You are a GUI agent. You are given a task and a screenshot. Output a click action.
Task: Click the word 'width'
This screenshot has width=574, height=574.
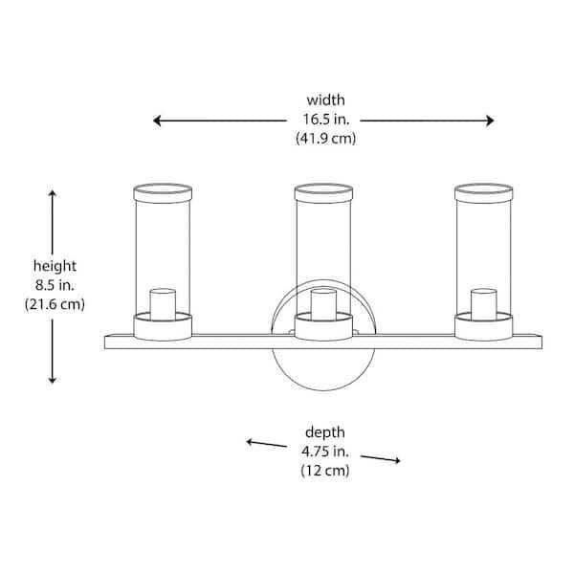(325, 99)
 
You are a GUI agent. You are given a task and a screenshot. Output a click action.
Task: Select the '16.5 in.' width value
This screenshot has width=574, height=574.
(326, 119)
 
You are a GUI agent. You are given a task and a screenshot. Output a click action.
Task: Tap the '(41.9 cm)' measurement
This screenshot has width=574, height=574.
(326, 139)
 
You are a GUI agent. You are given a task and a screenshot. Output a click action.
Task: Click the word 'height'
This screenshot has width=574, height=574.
(55, 266)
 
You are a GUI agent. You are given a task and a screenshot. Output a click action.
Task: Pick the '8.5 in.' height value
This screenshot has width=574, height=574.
(55, 285)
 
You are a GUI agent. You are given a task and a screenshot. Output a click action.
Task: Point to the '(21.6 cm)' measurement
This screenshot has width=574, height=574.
(55, 304)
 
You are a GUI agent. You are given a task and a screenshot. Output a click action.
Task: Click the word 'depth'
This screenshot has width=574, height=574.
(325, 432)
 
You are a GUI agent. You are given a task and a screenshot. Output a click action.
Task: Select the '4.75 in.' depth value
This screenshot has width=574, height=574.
(325, 452)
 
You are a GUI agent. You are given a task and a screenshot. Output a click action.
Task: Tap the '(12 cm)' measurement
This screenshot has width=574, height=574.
(325, 471)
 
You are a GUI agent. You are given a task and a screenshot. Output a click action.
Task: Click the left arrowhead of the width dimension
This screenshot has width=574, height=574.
(157, 121)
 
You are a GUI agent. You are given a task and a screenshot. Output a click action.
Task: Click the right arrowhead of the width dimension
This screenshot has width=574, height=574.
(490, 121)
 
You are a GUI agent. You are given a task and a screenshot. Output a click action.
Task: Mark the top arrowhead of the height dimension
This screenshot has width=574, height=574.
(53, 193)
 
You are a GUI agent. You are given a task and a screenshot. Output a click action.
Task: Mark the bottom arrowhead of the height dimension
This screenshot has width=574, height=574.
(53, 380)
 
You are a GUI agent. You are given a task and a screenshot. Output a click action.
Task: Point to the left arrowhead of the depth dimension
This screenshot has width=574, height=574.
(250, 442)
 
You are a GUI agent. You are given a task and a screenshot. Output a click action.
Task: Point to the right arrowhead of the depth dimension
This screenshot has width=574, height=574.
(397, 460)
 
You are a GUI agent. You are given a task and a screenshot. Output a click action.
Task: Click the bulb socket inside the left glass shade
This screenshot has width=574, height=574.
(163, 305)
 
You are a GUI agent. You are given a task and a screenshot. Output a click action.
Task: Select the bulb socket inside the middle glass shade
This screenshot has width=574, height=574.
(323, 305)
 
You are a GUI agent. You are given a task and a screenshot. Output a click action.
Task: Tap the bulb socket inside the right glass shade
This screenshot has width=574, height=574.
(483, 305)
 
